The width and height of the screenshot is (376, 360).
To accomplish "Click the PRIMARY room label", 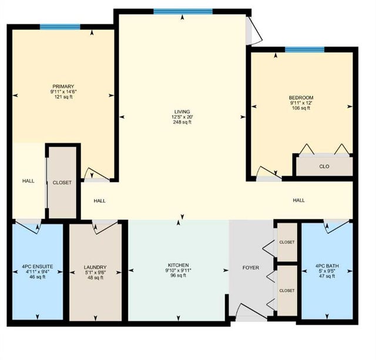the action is coord(63,86).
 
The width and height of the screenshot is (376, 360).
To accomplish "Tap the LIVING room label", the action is coord(182,112).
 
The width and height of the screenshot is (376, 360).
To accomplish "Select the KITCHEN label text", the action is coord(178,265).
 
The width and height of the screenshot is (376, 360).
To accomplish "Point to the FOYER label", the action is coord(251,267).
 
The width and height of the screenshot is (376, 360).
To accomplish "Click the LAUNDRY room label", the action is coord(95,267).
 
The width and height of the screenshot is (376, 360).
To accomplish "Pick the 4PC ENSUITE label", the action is coord(38,267).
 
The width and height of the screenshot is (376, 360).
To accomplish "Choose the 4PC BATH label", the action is coord(327,266).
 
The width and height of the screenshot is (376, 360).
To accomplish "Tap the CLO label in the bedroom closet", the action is coord(324,166).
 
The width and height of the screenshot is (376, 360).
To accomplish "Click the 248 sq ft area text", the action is coord(182,122).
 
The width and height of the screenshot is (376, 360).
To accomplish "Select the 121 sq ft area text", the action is coord(63,97).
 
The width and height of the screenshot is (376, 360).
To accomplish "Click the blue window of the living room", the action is coord(183,12).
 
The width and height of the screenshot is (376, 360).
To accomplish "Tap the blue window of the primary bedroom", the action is coord(60,27).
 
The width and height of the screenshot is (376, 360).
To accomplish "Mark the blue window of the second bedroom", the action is coord(304,49).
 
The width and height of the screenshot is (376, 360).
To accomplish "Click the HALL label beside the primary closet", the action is coord(28,181).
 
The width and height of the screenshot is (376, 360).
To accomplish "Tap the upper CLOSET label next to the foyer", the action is coord(287,242).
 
